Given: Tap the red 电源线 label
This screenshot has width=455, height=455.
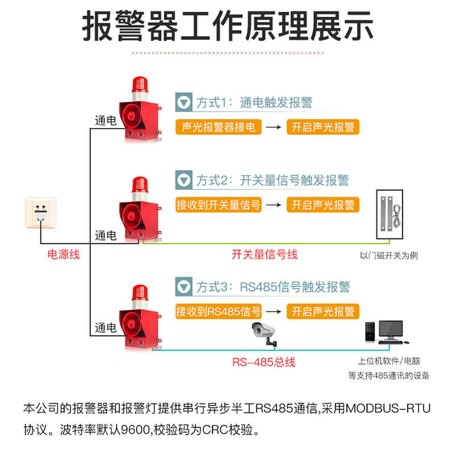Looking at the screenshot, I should tap(64, 254).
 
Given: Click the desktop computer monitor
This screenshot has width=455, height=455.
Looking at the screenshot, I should tap(390, 330).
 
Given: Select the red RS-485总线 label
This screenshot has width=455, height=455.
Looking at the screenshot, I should tap(263, 362).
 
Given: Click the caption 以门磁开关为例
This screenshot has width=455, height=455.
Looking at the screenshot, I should tap(389, 255).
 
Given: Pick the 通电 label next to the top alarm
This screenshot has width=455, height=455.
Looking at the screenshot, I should tap(105, 121).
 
